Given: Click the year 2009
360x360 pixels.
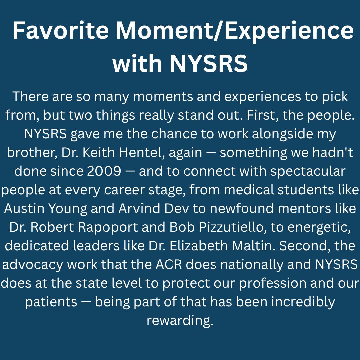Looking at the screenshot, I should pos(104,171).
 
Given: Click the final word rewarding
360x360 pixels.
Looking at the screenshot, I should pos(179,320).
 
